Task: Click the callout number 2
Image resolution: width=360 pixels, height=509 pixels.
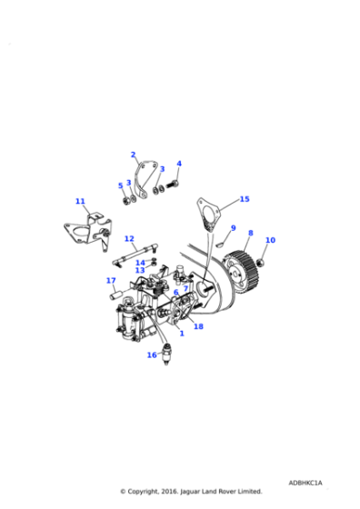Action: [x=133, y=155]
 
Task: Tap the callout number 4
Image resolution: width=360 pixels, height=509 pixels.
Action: [x=178, y=165]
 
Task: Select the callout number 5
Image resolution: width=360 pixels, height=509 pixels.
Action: [x=120, y=185]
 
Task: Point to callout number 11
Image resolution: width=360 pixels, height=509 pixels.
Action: [x=80, y=201]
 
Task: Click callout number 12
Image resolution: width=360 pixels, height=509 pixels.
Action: [x=130, y=239]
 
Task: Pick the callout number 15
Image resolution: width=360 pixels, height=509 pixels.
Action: [x=244, y=198]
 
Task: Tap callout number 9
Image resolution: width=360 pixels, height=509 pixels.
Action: [x=233, y=228]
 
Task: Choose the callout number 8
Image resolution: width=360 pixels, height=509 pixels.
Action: [x=250, y=233]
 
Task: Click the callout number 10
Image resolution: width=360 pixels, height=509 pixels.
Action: [x=270, y=240]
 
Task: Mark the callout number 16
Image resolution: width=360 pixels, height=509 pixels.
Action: [x=152, y=354]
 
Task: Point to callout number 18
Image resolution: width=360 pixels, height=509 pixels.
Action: [x=198, y=325]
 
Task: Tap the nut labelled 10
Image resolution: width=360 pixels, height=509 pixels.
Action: [x=261, y=262]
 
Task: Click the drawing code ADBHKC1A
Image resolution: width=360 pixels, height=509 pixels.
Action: [x=305, y=483]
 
